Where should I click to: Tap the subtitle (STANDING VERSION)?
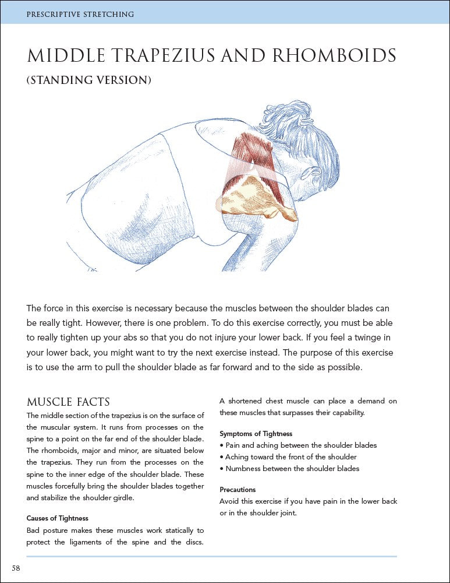88,80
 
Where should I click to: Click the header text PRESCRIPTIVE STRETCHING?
80,13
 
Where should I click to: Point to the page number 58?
16,568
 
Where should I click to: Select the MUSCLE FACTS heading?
68,402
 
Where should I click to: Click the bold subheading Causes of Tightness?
57,518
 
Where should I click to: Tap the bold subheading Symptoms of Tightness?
256,434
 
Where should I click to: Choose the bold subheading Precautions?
238,490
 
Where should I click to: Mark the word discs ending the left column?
194,542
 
